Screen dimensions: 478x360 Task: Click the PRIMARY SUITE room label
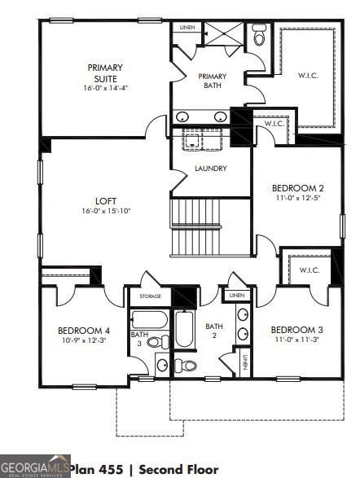(105, 72)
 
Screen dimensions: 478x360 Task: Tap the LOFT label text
(106, 200)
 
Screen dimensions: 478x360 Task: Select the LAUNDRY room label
(210, 169)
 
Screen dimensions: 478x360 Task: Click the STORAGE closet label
(150, 296)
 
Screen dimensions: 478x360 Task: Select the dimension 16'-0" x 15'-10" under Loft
(106, 210)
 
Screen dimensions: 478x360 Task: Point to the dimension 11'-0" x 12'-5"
(297, 198)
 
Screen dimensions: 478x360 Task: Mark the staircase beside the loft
(209, 228)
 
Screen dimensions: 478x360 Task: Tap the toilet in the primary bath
(259, 36)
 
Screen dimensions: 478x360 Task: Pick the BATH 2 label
(213, 330)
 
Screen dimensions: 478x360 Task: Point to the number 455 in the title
(113, 469)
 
